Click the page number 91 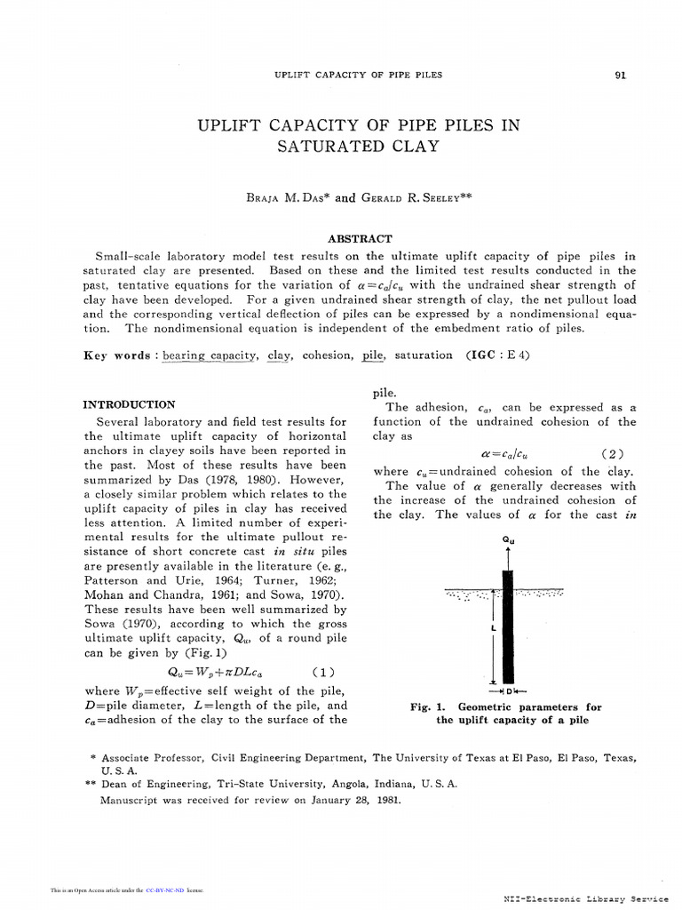coord(620,75)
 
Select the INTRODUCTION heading coord(129,403)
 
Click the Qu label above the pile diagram coord(508,539)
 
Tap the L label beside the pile coord(492,627)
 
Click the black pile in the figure coord(509,622)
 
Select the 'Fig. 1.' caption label coord(428,707)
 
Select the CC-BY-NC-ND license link coord(164,889)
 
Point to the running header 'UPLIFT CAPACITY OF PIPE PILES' coord(358,75)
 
